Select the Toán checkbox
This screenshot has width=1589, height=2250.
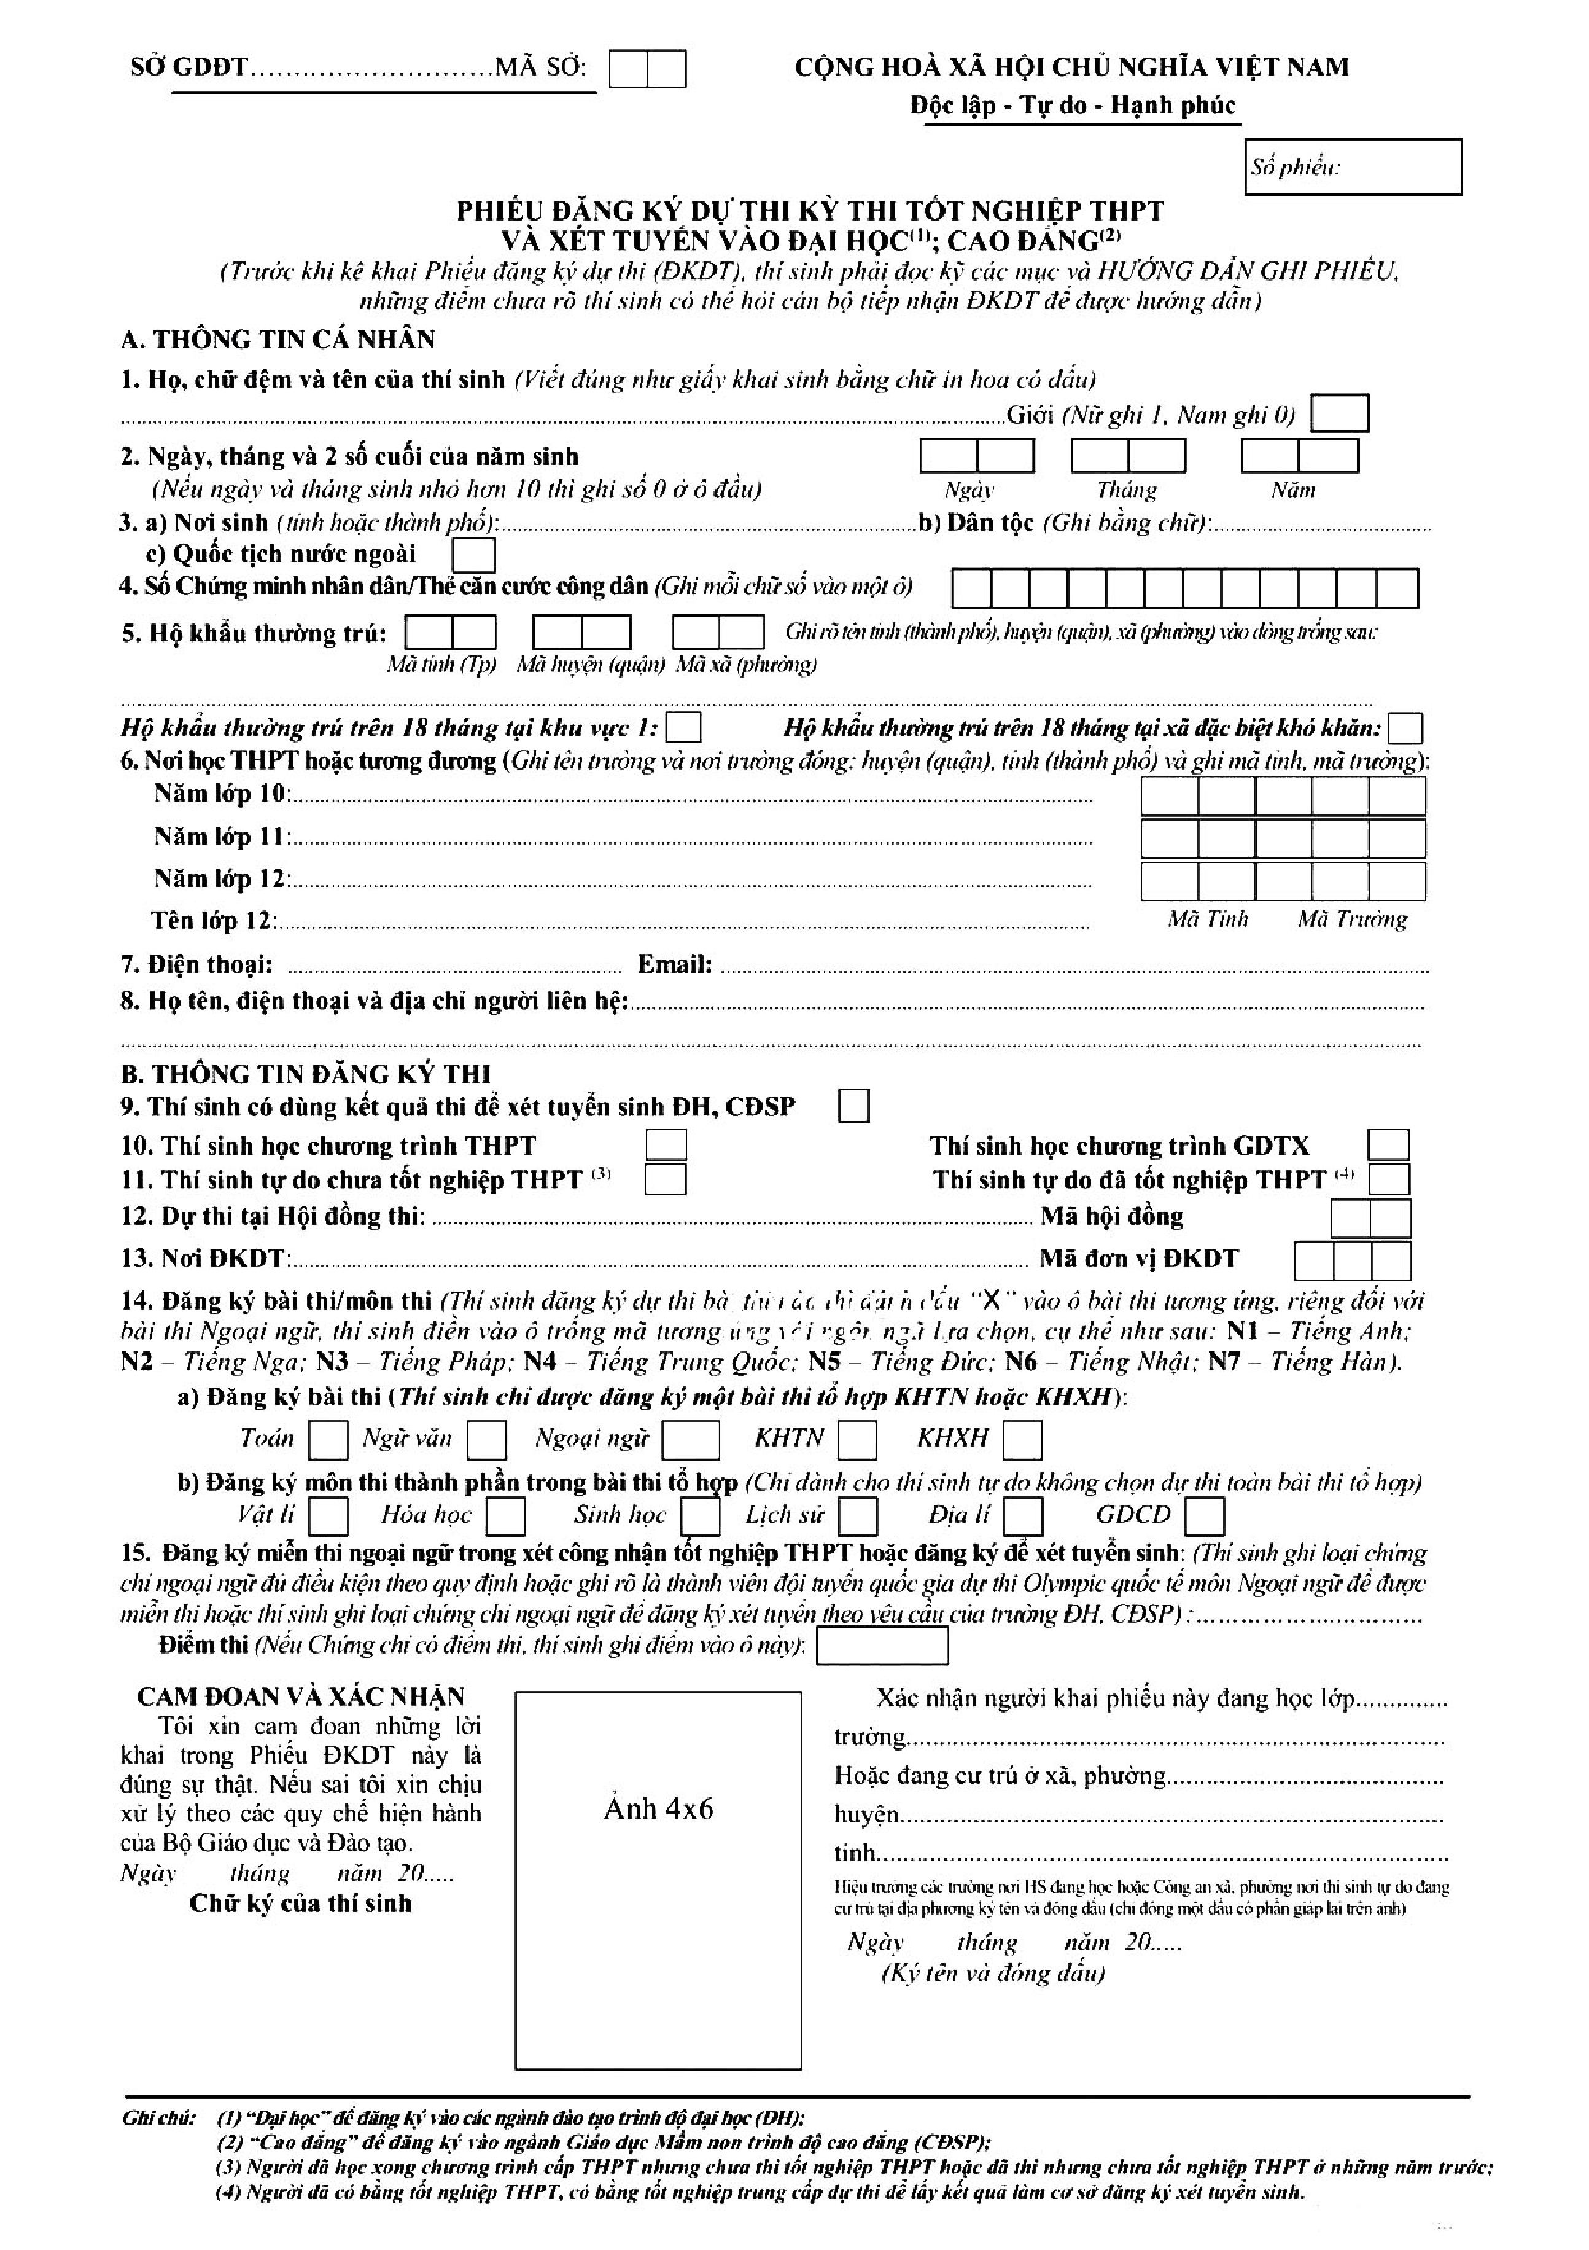click(x=328, y=1440)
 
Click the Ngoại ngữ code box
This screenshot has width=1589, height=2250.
click(x=691, y=1440)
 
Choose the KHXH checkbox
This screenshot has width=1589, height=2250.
click(x=1022, y=1440)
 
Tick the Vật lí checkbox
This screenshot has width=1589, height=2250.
click(x=328, y=1516)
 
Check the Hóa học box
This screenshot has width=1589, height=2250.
click(x=505, y=1516)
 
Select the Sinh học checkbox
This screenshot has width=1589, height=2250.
click(x=701, y=1516)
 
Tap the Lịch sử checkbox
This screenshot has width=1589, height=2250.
click(x=858, y=1516)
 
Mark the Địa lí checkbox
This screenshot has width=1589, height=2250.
click(x=1024, y=1516)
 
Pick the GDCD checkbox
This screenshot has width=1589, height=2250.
click(x=1204, y=1516)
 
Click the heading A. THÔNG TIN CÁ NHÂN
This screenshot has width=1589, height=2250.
click(x=278, y=340)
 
